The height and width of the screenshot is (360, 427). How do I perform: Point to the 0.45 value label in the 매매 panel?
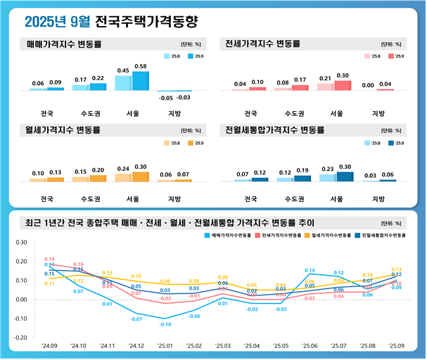[122, 70]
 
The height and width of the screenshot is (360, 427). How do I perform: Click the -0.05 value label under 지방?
[166, 98]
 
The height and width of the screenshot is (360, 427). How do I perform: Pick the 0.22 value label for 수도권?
[98, 78]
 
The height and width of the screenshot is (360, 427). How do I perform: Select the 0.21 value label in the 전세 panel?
[325, 78]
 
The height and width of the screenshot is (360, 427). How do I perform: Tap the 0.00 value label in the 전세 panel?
[368, 85]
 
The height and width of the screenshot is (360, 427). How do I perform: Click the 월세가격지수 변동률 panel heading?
[64, 130]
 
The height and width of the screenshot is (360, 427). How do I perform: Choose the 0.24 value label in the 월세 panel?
[122, 169]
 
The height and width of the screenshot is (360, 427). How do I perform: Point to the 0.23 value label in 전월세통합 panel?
[327, 169]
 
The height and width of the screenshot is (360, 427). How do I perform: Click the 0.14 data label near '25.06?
[310, 271]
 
